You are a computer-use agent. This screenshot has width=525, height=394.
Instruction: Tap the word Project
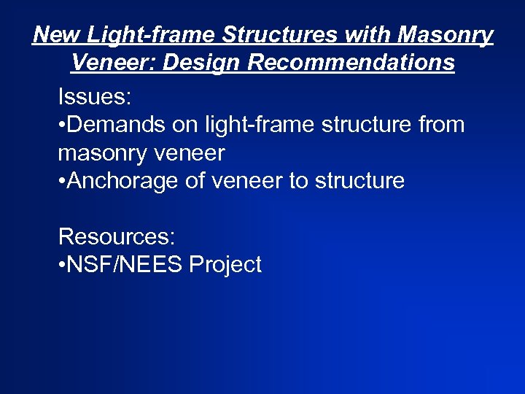(225, 265)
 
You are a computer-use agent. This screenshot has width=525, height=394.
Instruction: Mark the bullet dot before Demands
(62, 125)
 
